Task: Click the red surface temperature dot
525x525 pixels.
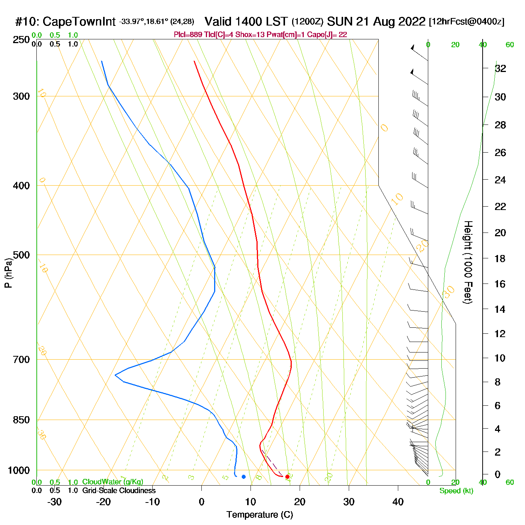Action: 287,477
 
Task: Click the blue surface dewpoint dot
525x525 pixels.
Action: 243,477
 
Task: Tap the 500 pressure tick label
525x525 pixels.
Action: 21,255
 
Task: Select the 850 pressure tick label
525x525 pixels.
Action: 21,420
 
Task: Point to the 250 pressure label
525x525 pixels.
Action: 21,40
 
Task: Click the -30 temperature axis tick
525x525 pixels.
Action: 54,502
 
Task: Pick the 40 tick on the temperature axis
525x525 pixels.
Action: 398,502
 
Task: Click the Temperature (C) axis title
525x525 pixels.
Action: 259,515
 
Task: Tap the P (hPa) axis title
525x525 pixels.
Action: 8,273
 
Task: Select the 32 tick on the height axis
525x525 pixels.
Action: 500,68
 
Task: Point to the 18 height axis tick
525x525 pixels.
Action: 500,258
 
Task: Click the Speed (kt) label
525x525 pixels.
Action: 456,491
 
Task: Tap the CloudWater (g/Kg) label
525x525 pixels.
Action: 112,482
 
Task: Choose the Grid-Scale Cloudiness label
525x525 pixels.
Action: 119,490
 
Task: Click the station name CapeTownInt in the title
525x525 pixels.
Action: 79,22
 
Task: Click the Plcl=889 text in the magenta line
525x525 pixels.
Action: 188,35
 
